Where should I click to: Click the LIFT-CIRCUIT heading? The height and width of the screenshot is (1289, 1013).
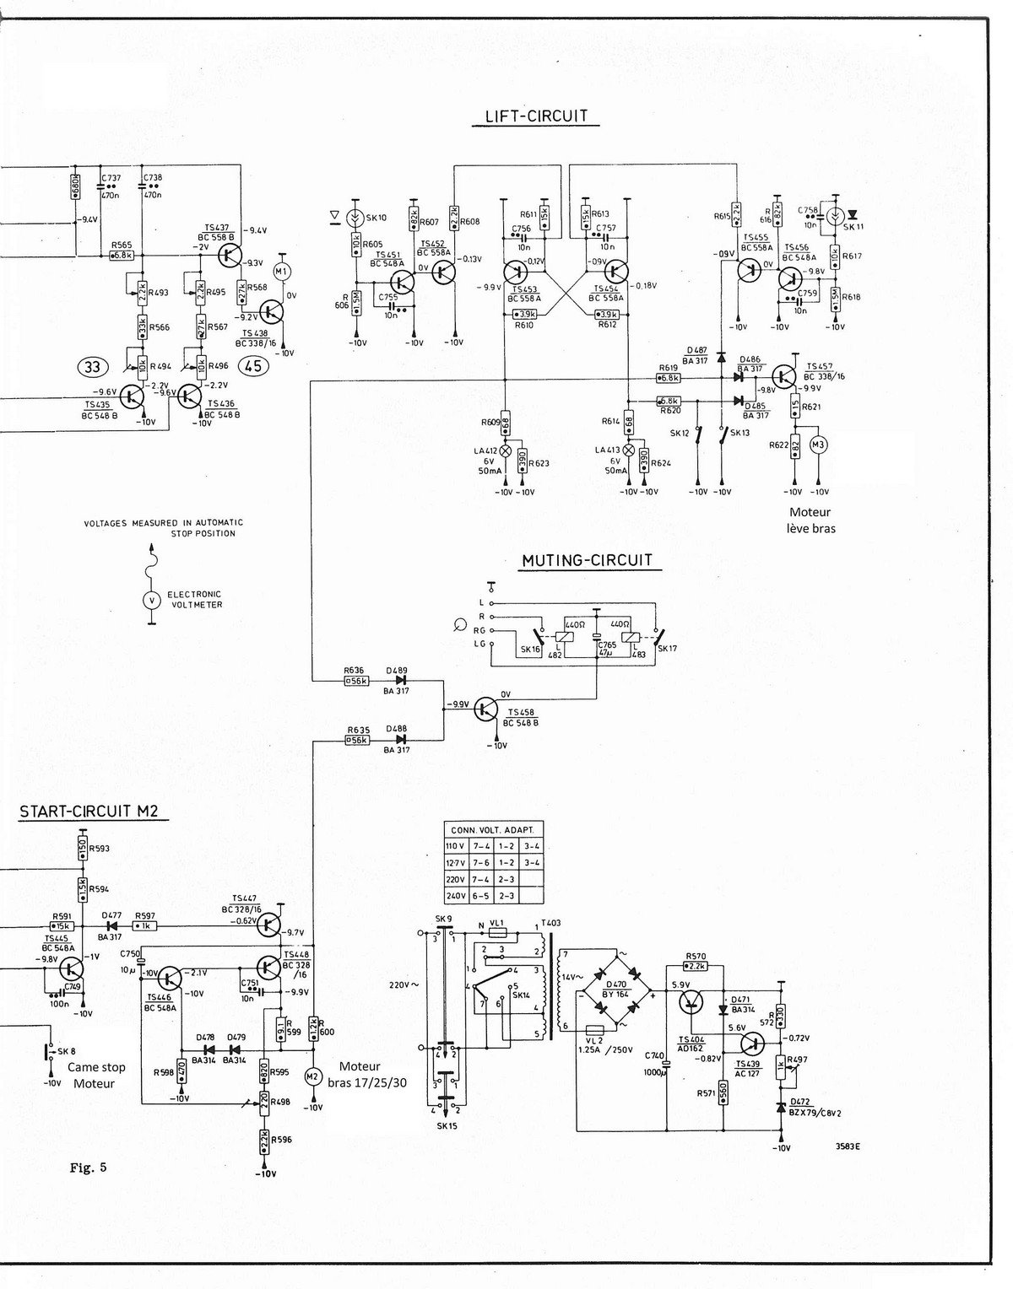[536, 116]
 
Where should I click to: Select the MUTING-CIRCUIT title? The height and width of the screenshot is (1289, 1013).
[587, 560]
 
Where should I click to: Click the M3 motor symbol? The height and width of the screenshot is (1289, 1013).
[817, 444]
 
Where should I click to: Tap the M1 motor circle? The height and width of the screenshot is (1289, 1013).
[282, 271]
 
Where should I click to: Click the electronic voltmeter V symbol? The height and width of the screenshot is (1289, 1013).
[151, 600]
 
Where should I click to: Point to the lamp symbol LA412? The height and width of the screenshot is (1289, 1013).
[506, 450]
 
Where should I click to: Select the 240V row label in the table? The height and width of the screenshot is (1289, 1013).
[456, 897]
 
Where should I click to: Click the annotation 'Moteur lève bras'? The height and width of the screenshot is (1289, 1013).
[810, 520]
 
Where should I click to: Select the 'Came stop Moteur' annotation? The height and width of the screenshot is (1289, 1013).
[93, 1076]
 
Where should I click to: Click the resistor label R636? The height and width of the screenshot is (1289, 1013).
[355, 670]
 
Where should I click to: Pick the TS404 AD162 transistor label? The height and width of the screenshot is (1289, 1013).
[691, 1044]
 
